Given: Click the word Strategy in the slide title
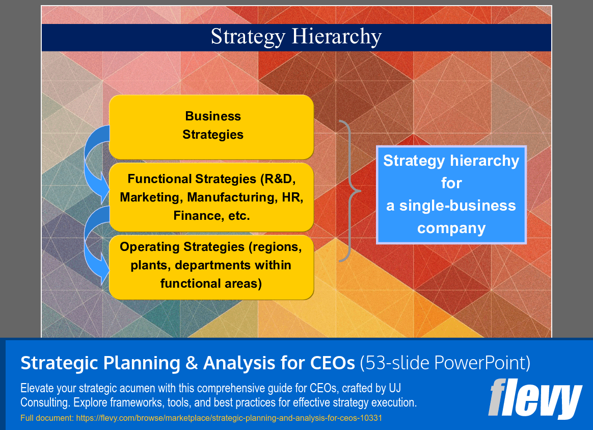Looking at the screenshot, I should tap(248, 37).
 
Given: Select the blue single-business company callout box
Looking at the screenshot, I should tap(451, 194).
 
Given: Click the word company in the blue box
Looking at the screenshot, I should tap(451, 228).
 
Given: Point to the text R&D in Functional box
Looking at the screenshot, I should tap(278, 179).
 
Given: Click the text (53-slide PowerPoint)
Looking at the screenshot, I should tap(445, 363).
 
